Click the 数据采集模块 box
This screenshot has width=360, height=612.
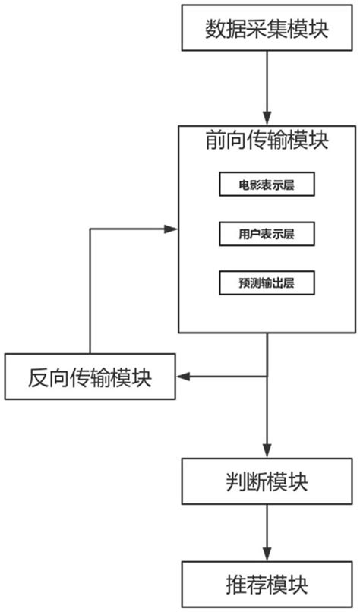(x=267, y=28)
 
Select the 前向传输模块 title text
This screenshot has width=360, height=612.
(x=267, y=141)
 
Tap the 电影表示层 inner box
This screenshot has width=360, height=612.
(x=266, y=185)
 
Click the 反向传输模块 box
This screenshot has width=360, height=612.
(x=90, y=377)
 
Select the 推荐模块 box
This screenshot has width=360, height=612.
(x=267, y=585)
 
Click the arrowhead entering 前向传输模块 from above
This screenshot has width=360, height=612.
(x=267, y=120)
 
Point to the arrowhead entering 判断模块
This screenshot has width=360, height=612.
(x=267, y=452)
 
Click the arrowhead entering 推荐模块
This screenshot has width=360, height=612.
(x=267, y=556)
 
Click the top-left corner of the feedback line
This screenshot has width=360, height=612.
(x=90, y=227)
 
